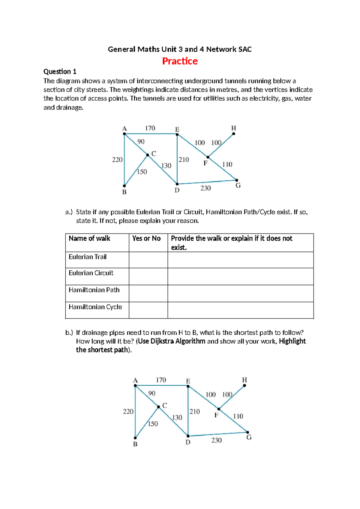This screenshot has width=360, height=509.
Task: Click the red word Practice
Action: pos(180,61)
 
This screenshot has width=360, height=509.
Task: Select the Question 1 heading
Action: pos(60,71)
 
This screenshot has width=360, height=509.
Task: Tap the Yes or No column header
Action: pos(146,239)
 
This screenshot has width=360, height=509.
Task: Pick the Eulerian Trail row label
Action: pos(88,257)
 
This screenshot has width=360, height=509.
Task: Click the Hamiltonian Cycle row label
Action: pos(95,307)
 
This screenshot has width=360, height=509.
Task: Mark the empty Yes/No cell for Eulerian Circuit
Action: pos(148,276)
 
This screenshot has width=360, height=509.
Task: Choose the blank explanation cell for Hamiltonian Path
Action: pos(240,293)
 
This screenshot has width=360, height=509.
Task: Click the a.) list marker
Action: pos(69,212)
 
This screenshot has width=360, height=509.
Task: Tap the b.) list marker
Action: pos(69,333)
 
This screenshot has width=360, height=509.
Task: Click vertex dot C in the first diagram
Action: pos(148,155)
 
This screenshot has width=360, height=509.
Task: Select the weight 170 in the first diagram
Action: pos(150,128)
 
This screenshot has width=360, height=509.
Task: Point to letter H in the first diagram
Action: pos(234,128)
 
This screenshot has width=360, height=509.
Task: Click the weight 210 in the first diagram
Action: pos(184,160)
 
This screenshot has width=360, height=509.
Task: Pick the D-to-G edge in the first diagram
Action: pos(207,182)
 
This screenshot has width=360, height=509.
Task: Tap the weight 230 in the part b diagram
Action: pos(216,440)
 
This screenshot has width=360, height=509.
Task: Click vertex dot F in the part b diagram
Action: pos(219,409)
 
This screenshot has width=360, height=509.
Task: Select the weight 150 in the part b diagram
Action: pos(153,424)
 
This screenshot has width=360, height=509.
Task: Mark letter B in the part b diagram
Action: pos(135,444)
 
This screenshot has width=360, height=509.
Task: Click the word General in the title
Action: pos(121,49)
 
